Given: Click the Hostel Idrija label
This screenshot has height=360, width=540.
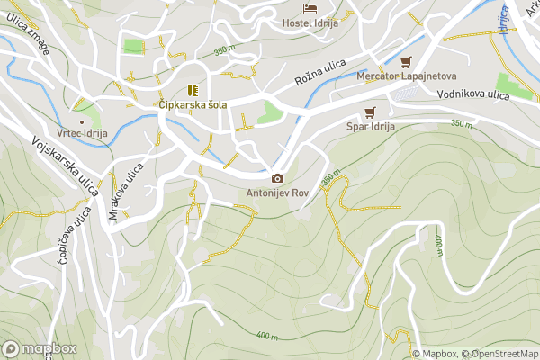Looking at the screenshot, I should click(x=310, y=22).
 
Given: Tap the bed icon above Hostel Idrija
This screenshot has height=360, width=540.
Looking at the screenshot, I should click(x=310, y=8).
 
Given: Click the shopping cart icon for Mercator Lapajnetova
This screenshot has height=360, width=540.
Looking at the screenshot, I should click(x=406, y=62).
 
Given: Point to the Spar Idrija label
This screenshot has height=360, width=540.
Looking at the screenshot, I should click(x=371, y=127).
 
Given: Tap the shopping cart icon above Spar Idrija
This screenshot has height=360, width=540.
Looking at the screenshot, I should click(x=369, y=112).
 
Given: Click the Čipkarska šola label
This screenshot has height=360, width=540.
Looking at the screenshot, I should click(x=192, y=104).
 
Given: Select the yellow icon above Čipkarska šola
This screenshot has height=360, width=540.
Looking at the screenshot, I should click(x=192, y=89).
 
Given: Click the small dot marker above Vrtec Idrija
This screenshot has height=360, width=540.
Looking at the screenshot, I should click(x=82, y=121).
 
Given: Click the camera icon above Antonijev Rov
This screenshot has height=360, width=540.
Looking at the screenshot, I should click(x=276, y=178).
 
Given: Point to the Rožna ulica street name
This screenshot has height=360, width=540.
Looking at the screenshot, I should click(x=320, y=76).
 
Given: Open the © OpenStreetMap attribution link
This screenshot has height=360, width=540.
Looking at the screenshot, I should click(x=500, y=354).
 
